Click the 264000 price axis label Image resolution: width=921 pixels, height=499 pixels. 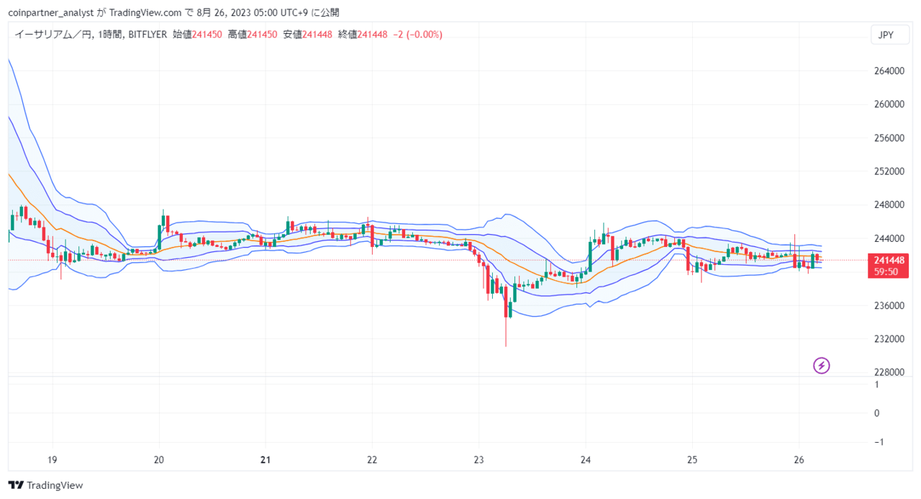[x=889, y=71]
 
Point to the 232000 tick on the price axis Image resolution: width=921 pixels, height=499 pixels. [x=889, y=339]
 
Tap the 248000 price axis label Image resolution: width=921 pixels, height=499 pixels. [x=889, y=204]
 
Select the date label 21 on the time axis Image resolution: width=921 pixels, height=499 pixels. [x=266, y=460]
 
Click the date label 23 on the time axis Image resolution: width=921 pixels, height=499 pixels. [x=478, y=460]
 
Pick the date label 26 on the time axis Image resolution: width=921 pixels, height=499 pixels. [x=799, y=460]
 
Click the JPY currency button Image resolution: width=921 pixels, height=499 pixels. [x=890, y=35]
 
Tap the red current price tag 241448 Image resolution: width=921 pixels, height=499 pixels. [x=888, y=266]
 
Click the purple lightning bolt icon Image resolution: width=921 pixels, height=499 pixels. [x=822, y=365]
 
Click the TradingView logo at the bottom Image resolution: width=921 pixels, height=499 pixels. [x=45, y=485]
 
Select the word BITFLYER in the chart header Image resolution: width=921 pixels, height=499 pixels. [x=148, y=35]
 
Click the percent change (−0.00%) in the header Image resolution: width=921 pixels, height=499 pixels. [x=425, y=35]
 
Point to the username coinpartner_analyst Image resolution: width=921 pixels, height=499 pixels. [x=51, y=13]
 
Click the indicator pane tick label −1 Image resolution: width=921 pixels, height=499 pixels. [x=879, y=442]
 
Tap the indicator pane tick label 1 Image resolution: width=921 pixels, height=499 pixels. [x=877, y=385]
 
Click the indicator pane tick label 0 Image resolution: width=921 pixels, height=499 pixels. [x=877, y=413]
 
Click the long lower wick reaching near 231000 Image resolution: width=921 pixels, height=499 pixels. [x=506, y=332]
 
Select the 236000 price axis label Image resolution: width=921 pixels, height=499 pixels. [x=889, y=305]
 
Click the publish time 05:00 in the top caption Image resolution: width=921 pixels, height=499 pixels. [x=266, y=13]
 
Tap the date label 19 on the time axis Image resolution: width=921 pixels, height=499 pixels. [x=53, y=460]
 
